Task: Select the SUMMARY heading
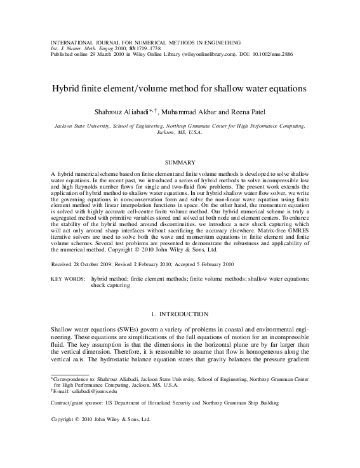(x=180, y=163)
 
